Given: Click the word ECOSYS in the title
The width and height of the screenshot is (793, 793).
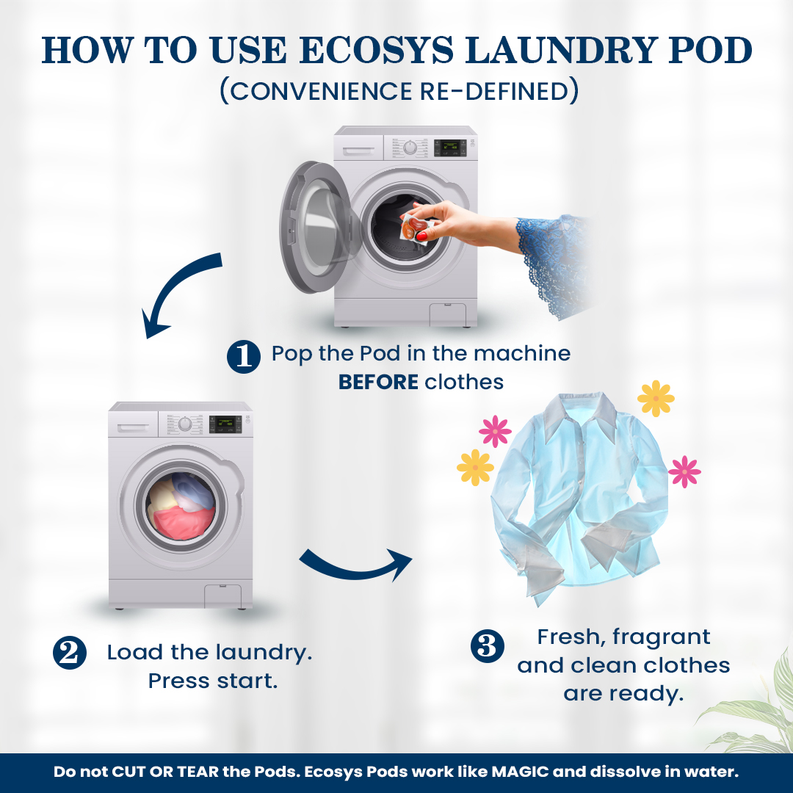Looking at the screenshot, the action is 377,50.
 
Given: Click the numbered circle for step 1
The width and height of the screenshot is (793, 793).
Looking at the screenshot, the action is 244,357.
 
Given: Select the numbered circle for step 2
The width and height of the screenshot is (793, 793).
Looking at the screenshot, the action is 70,653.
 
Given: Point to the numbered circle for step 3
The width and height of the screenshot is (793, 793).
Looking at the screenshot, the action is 488,646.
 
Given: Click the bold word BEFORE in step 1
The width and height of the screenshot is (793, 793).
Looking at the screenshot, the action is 378,383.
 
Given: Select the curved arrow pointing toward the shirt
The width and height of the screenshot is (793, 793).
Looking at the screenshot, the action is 357,566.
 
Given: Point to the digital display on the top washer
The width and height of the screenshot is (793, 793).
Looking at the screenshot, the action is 450,148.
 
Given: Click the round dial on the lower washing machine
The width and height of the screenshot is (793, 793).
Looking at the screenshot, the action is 186,424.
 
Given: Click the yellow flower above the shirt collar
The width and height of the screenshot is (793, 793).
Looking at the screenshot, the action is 656,399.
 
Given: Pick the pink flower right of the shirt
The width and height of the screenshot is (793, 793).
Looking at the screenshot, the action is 684,472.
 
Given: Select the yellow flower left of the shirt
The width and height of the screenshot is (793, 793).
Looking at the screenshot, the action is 475,468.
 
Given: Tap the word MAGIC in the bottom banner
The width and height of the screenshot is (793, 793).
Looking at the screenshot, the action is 520,772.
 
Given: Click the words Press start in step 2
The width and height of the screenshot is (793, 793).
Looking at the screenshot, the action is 213,681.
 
